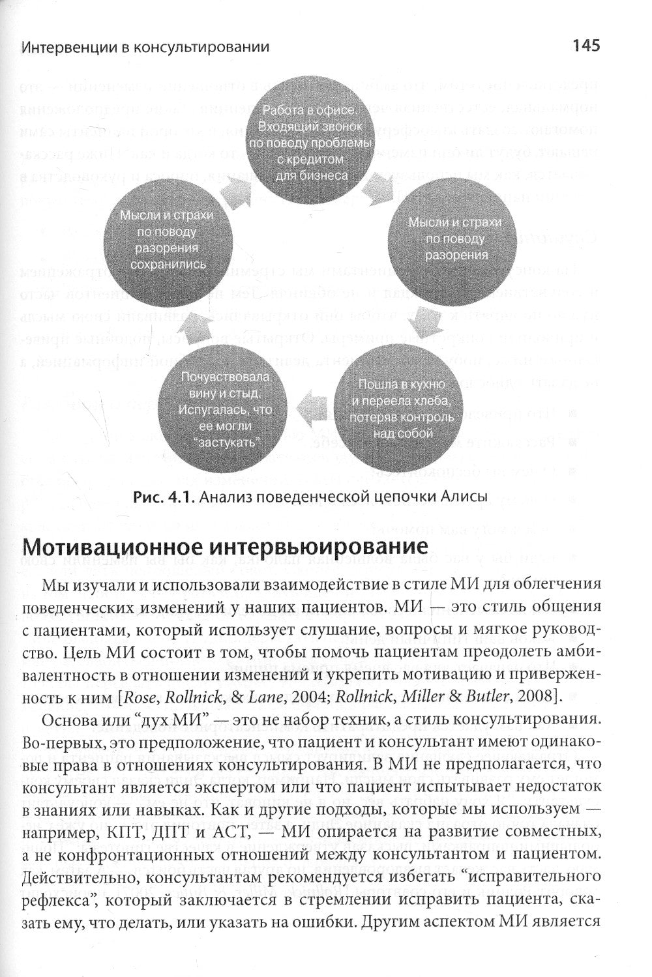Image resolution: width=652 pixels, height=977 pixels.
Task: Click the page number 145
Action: pyautogui.click(x=585, y=46)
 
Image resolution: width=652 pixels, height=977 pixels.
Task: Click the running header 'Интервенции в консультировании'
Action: pyautogui.click(x=145, y=47)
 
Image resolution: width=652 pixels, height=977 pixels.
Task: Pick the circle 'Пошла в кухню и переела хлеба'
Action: pyautogui.click(x=400, y=407)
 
